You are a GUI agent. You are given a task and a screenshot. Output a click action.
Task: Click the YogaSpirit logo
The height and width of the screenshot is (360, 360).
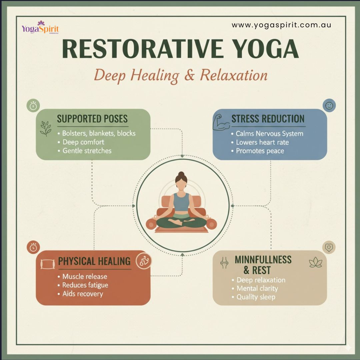coord(40,27)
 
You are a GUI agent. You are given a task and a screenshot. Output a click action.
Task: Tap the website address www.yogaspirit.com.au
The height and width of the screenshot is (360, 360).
coord(281,25)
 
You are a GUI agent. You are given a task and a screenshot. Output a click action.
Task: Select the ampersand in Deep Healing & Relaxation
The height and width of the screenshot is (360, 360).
coord(189,75)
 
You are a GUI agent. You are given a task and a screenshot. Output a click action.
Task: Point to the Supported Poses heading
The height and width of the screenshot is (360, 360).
coord(92,119)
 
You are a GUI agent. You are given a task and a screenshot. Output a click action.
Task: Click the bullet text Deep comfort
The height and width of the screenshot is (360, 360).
coord(83,142)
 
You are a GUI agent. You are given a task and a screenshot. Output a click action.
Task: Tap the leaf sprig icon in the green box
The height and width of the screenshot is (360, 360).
coord(46,129)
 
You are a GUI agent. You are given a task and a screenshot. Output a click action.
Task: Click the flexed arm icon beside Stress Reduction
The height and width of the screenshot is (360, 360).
coord(221,122)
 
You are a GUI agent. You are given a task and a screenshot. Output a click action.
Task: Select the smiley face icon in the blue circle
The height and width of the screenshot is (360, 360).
coord(329,106)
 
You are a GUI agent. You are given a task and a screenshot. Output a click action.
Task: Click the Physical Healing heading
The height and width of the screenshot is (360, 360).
coord(94,261)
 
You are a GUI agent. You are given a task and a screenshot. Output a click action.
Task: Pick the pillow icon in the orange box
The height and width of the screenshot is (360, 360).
coord(48,264)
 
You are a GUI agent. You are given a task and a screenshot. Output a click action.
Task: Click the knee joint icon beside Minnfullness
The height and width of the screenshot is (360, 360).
coord(224,263)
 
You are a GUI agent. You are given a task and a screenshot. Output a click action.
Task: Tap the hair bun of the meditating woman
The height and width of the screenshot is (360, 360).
coord(181,174)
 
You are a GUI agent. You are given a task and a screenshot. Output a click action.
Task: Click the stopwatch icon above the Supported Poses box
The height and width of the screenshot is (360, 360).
coord(33,106)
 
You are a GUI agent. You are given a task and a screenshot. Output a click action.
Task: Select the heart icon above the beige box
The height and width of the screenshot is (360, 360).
coord(329,247)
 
